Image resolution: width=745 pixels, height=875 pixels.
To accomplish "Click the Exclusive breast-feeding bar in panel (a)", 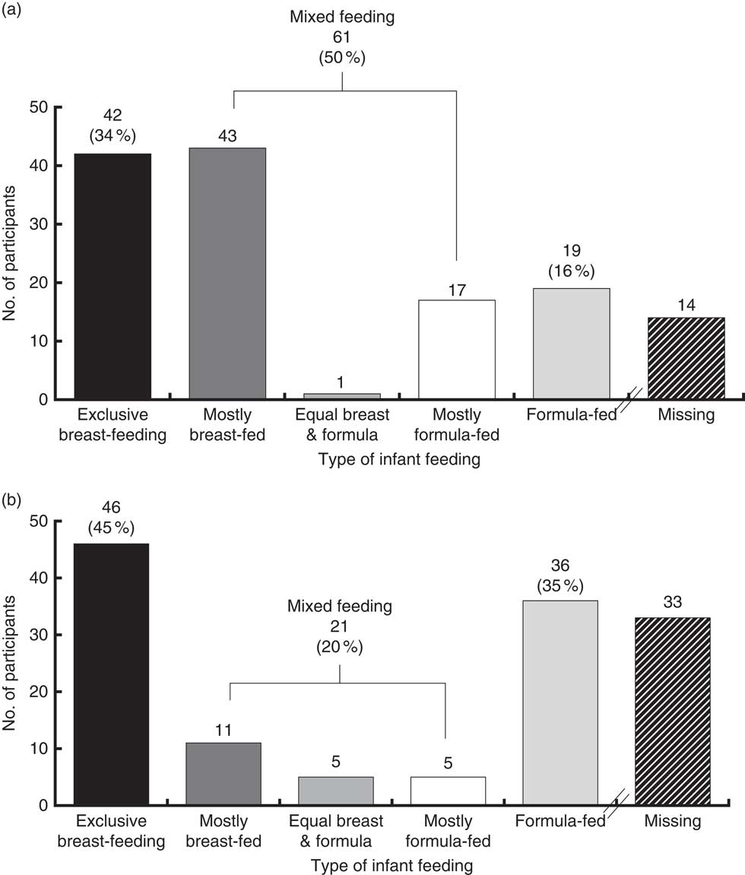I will [113, 276].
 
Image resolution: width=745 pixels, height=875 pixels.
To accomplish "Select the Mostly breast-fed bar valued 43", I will [227, 273].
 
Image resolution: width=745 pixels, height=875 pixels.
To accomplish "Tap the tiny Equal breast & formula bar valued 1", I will [341, 395].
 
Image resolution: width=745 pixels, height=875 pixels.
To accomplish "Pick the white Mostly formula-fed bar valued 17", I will [456, 349].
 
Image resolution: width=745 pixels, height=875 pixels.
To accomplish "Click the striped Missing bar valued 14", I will [686, 357].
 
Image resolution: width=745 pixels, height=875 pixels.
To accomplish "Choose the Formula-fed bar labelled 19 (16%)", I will [571, 343].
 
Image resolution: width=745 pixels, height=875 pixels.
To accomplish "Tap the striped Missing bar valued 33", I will [672, 712].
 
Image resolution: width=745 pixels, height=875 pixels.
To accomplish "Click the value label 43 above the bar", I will [227, 135].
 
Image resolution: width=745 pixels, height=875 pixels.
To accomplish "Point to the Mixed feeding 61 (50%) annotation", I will [341, 36].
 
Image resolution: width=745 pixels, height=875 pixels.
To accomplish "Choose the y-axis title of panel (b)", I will [11, 661].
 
